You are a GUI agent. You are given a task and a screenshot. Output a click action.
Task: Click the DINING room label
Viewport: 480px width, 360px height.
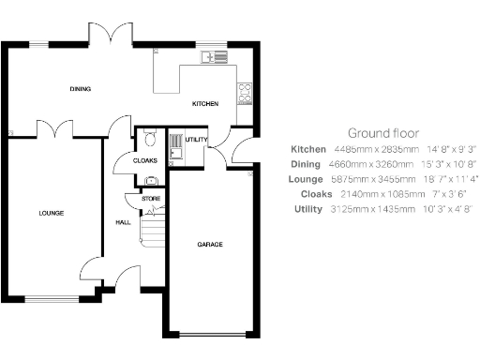[x=80, y=89]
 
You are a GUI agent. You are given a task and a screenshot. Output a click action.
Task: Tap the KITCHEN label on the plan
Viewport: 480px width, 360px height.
[x=205, y=103]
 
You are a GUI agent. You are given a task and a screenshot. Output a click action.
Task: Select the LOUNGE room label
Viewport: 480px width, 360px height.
[x=51, y=214]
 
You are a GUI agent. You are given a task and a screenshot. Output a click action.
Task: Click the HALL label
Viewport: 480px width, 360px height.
[x=123, y=223]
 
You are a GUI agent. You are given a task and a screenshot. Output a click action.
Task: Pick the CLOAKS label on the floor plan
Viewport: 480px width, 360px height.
[x=145, y=160]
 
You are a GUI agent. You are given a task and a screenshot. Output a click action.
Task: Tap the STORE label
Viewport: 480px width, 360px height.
[x=151, y=200]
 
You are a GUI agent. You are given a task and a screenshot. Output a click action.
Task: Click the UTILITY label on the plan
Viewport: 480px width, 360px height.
[x=196, y=139]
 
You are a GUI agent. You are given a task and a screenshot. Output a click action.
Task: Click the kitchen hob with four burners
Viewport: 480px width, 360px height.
[x=245, y=92]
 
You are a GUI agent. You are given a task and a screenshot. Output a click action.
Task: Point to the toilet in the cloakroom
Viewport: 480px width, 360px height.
[x=151, y=140]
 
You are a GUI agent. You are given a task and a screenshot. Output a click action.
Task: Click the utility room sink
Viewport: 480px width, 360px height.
[x=175, y=146]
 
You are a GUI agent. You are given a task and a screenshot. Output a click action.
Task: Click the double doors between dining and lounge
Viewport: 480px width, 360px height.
[x=52, y=127]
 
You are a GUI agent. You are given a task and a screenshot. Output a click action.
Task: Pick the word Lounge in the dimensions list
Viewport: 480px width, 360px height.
[x=307, y=178]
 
